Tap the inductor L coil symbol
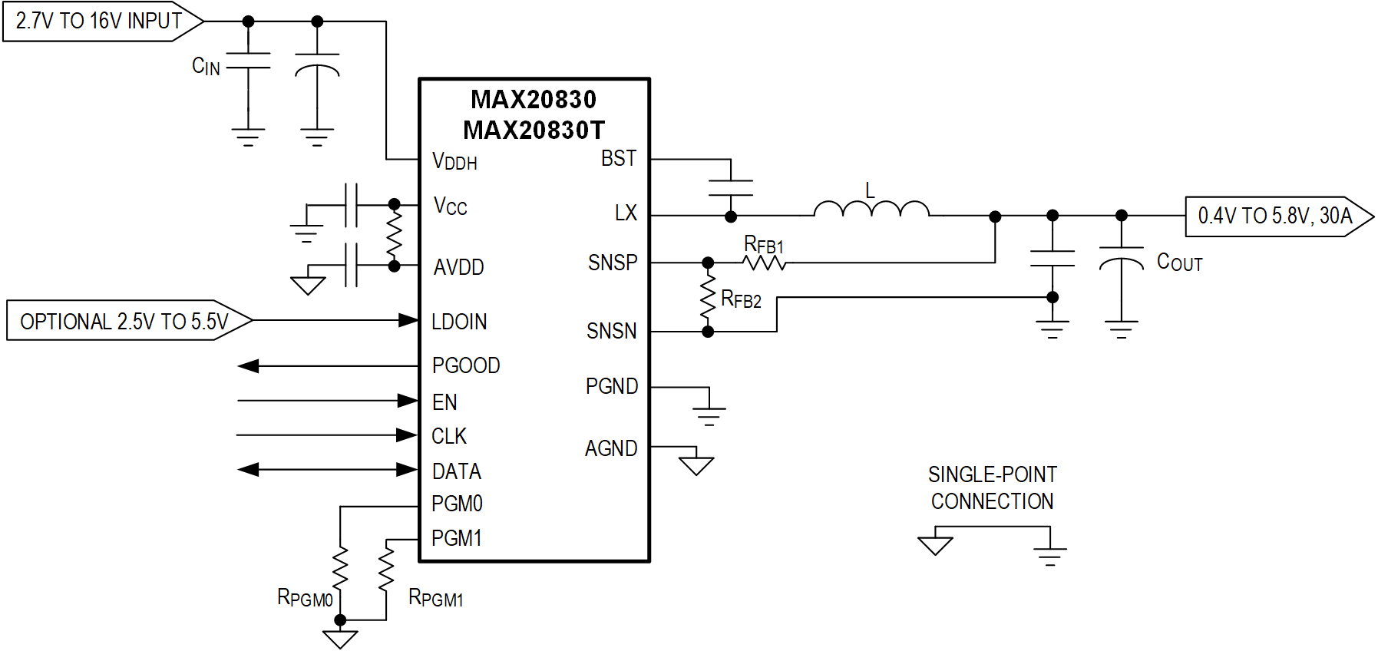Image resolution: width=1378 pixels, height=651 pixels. click(x=871, y=209)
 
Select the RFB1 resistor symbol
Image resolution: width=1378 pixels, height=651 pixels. click(x=764, y=263)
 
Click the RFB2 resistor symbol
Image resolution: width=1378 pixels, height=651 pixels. click(x=708, y=298)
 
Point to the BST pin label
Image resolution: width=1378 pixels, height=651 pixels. click(x=618, y=159)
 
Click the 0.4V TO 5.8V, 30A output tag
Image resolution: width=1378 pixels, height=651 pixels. click(x=1276, y=216)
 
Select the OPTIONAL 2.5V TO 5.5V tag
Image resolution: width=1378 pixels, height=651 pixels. click(x=125, y=321)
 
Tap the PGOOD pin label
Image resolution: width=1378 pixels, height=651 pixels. click(x=465, y=365)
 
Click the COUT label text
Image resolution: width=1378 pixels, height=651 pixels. click(x=1178, y=263)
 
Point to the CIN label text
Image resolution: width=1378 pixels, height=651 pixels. click(x=206, y=67)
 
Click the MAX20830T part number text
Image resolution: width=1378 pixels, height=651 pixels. click(x=534, y=131)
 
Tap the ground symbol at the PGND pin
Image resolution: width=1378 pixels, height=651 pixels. click(x=709, y=415)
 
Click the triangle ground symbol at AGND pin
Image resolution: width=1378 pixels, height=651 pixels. click(x=696, y=464)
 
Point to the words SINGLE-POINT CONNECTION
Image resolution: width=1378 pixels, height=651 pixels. click(x=992, y=488)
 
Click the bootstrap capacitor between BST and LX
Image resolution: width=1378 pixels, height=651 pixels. click(x=731, y=188)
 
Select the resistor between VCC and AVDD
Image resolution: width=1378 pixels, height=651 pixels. click(x=394, y=235)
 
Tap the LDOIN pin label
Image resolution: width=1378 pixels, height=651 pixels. click(x=459, y=322)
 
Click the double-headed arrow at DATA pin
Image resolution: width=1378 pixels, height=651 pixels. click(x=328, y=470)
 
